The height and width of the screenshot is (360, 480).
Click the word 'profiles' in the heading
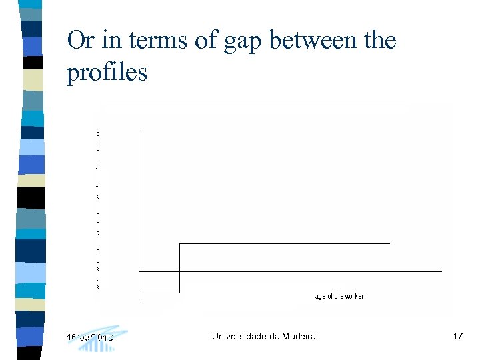coord(107,73)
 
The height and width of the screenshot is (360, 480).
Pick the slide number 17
coord(457,336)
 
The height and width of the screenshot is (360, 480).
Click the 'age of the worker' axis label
coord(339,296)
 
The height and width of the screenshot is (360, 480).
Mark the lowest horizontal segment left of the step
coord(159,292)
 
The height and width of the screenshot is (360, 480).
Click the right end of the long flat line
coord(440,271)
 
